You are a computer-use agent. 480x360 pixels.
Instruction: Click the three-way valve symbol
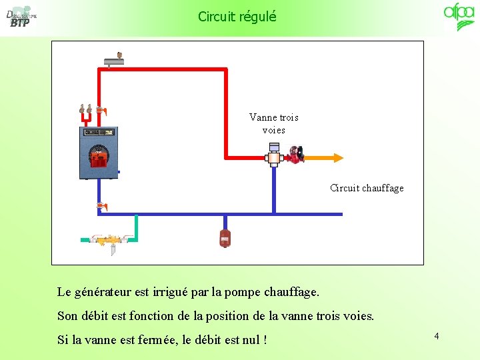(x=274, y=157)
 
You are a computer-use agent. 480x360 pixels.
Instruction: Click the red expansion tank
(x=225, y=238)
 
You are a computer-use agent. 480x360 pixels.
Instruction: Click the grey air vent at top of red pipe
(x=114, y=61)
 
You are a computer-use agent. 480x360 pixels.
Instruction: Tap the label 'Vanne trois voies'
(x=273, y=123)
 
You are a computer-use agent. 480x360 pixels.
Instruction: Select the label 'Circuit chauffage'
(x=367, y=188)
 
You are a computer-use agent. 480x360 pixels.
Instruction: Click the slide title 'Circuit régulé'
(x=237, y=16)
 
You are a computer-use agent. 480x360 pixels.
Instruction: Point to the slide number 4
(x=437, y=336)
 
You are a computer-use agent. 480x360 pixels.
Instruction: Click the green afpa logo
(x=459, y=17)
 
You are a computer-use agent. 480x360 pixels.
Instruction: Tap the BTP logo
(x=20, y=17)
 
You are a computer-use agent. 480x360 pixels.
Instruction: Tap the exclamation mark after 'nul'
(x=265, y=340)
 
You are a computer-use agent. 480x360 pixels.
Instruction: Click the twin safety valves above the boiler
(x=85, y=109)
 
